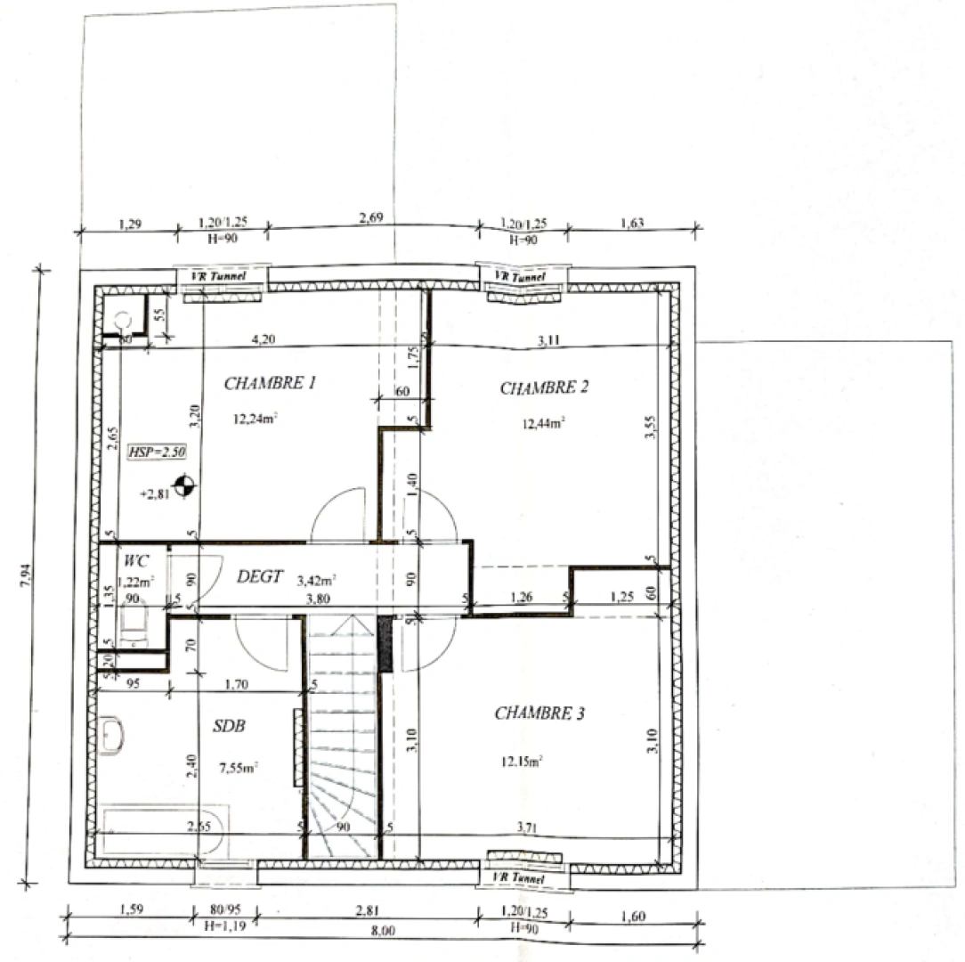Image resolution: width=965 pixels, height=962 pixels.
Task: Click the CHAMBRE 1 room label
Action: coord(270,384)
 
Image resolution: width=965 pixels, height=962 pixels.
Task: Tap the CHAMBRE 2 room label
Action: coord(544,387)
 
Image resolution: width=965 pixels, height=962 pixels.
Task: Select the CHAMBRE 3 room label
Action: coord(539,713)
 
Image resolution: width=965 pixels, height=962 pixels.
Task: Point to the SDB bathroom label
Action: coord(229,726)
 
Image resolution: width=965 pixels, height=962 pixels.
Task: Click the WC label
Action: coord(136,561)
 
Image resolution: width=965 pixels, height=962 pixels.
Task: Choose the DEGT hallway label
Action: coord(259,576)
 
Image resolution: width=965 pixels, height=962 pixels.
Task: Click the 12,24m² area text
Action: coord(254,418)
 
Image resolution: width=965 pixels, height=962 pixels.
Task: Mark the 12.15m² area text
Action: coord(522,761)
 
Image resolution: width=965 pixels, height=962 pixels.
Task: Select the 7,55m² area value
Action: coord(238,766)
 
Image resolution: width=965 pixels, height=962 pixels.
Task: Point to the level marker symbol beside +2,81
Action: coord(184,485)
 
